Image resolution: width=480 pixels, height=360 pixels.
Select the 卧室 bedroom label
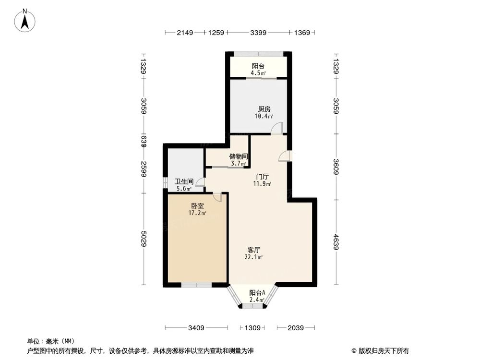197,205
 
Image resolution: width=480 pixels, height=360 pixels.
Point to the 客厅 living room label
254,250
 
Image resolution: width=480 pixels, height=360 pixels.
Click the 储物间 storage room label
238,156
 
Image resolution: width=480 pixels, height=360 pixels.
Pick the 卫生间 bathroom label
184,181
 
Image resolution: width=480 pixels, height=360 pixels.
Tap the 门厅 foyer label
262,176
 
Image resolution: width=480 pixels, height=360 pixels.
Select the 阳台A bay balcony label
257,293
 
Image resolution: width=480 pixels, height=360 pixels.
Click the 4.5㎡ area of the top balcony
258,73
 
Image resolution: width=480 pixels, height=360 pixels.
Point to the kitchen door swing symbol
277,128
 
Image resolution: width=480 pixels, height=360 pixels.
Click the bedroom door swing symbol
217,197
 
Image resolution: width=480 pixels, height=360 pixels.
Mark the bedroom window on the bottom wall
196,285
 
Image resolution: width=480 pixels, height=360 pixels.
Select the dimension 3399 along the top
258,33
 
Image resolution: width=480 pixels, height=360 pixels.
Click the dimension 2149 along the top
185,33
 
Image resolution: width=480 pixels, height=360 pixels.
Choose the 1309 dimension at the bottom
252,328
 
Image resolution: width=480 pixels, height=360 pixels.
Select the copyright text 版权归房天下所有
383,350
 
